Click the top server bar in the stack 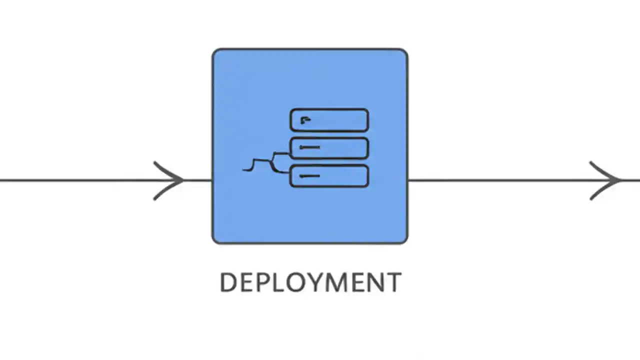(340, 120)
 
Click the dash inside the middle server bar (309, 147)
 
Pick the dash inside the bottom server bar (309, 176)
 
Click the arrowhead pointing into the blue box (172, 180)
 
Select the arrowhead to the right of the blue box (607, 180)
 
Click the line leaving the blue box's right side (500, 180)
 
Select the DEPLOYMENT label (310, 282)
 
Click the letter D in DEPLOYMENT (228, 282)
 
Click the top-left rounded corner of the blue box (216, 52)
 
